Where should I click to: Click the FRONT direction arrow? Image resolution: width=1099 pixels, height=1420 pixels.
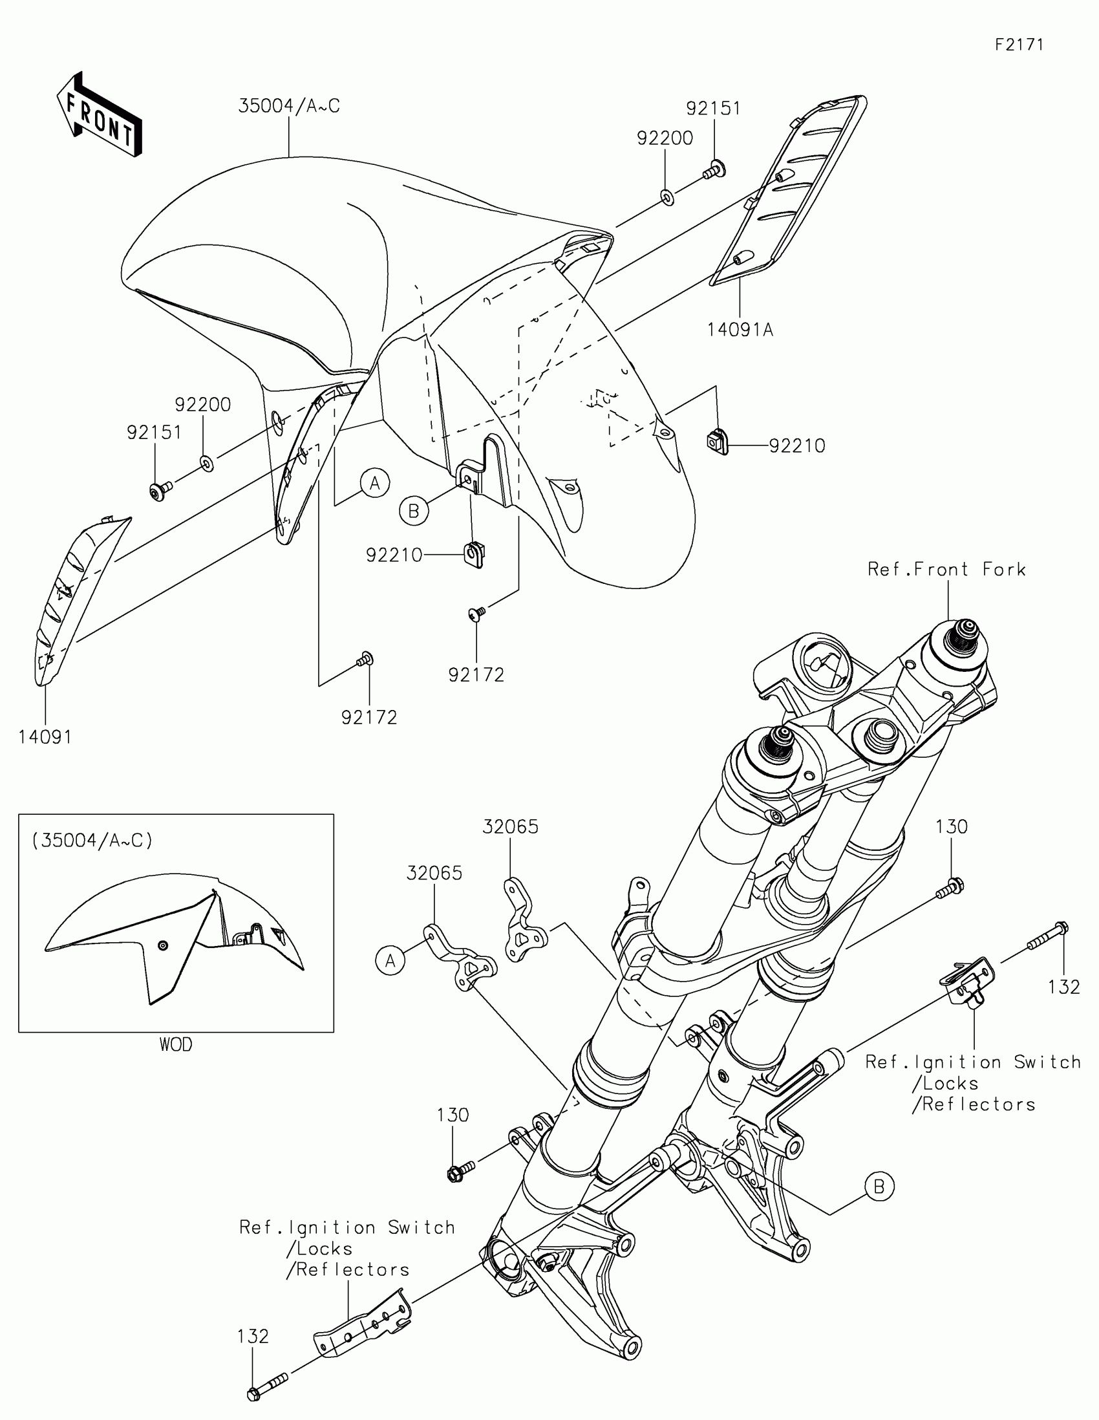click(x=100, y=114)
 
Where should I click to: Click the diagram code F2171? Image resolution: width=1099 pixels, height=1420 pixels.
click(x=1019, y=45)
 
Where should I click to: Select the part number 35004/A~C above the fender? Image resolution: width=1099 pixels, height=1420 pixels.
click(x=289, y=106)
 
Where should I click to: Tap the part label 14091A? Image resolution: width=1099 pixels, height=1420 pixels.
click(x=740, y=330)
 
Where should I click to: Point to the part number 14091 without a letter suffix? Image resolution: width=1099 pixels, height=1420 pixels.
click(x=45, y=737)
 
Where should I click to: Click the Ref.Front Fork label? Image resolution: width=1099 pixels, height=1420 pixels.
click(x=946, y=570)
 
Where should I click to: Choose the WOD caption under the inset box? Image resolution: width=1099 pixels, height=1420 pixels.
click(x=175, y=1045)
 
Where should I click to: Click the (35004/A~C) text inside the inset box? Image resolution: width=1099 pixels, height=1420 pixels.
click(x=92, y=841)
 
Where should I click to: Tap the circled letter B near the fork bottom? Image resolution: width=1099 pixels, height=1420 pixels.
click(x=879, y=1187)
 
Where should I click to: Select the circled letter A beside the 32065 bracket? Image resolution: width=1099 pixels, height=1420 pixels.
click(x=390, y=960)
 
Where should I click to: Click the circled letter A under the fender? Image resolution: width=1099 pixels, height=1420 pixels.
click(x=375, y=483)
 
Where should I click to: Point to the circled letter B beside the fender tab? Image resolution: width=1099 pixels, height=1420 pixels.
click(x=414, y=511)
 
